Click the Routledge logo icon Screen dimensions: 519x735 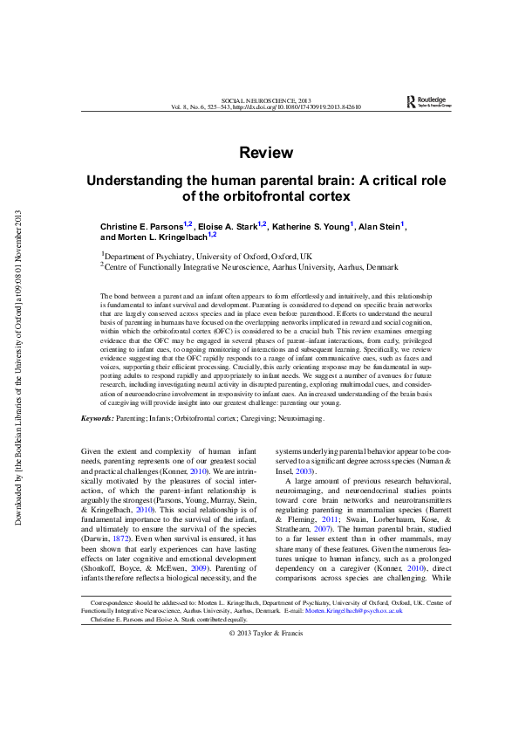click(412, 102)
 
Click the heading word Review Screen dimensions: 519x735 click(266, 153)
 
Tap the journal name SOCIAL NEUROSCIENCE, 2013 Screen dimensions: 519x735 click(266, 102)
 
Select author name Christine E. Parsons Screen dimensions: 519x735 click(141, 227)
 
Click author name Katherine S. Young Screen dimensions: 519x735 click(311, 227)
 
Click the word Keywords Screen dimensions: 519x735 click(95, 419)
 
